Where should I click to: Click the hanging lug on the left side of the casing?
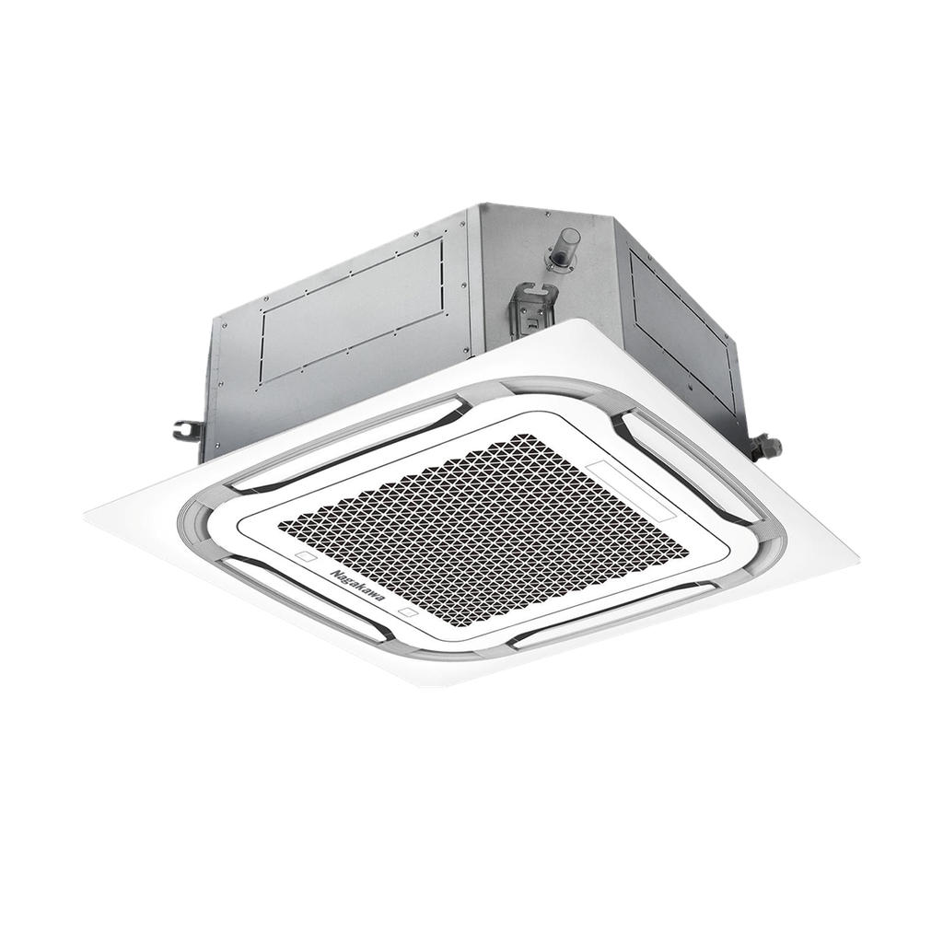187,429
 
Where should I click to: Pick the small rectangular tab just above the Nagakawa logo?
303,558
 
